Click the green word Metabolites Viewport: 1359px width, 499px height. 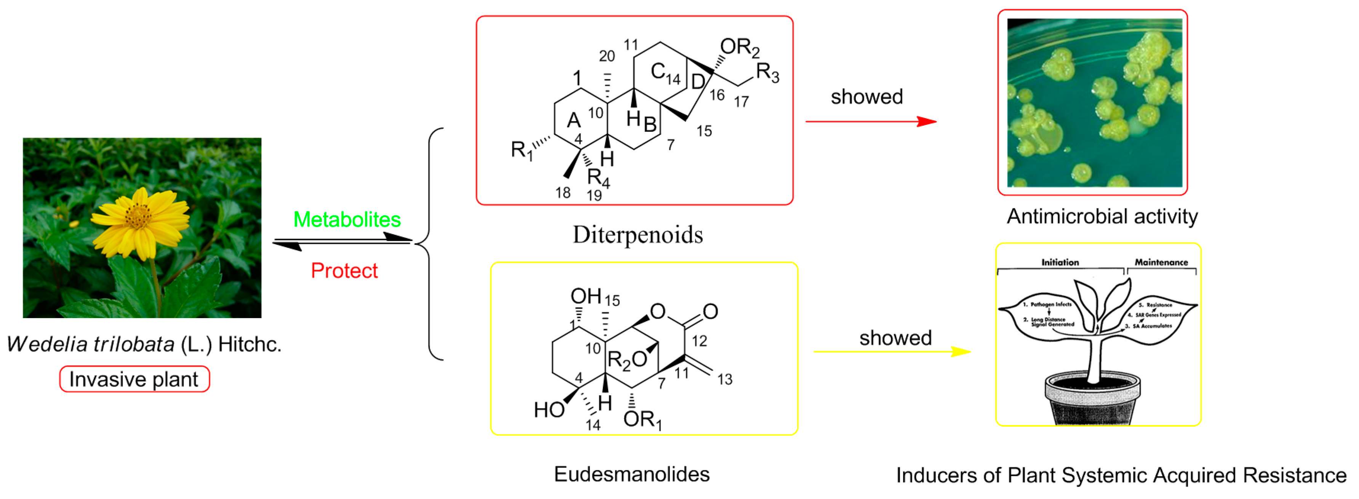point(347,219)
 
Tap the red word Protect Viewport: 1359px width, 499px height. point(344,270)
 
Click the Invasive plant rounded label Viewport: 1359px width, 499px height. point(134,379)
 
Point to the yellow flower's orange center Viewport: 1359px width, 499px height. point(138,215)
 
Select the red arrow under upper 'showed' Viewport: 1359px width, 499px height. point(870,122)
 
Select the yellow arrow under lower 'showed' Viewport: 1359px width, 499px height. point(892,352)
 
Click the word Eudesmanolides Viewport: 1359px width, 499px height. point(631,474)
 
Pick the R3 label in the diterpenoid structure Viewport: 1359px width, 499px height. point(767,73)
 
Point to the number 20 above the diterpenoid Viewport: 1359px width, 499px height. point(607,56)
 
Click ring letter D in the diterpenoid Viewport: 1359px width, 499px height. point(697,82)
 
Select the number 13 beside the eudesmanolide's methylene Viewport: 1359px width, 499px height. point(724,379)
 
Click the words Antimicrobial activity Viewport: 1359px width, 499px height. point(1102,216)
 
